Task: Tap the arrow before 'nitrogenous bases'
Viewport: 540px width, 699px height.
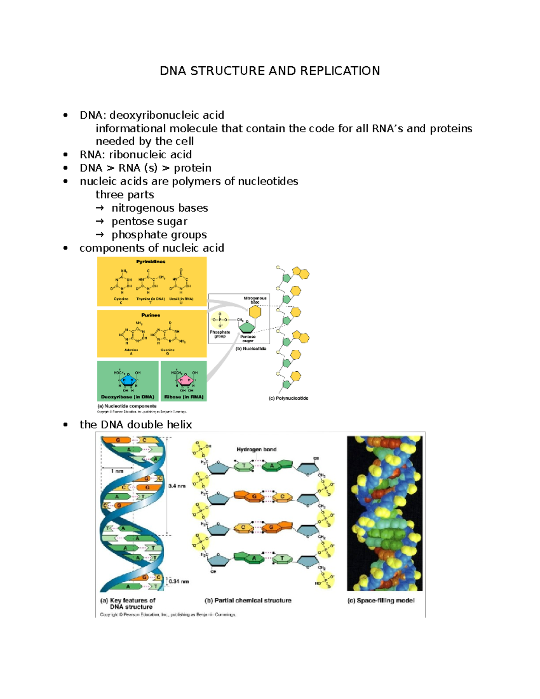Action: tap(100, 208)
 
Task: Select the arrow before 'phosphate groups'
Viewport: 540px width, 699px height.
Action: tap(100, 235)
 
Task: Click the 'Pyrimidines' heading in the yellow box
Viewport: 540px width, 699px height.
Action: tap(151, 262)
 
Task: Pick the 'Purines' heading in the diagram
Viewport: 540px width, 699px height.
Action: tap(151, 315)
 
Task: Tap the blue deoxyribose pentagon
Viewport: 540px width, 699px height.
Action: tap(128, 381)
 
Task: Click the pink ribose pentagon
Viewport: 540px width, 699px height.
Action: tap(185, 381)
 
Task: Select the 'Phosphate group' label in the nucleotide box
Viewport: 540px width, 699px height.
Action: tap(220, 334)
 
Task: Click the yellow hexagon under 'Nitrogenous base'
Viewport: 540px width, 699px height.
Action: tap(255, 311)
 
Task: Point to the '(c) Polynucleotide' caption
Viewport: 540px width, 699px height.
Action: tap(288, 398)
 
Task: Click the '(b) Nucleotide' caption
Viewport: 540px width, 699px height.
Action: tap(251, 349)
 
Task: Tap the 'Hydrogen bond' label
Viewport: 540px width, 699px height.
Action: tap(256, 449)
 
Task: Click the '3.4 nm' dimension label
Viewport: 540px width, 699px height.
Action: tap(177, 486)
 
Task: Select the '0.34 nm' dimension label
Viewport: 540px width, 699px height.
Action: tap(179, 582)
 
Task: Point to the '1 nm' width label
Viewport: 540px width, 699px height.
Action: tap(117, 471)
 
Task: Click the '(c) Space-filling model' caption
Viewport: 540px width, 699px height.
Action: tap(381, 600)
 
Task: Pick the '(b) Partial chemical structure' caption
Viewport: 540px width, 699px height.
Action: tap(248, 600)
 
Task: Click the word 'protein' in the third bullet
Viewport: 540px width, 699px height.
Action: tap(193, 168)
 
